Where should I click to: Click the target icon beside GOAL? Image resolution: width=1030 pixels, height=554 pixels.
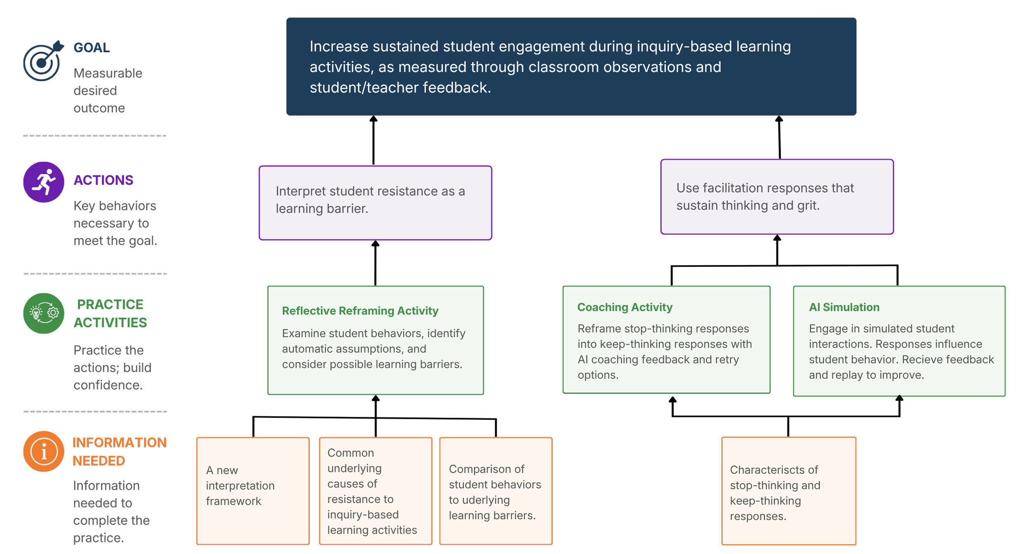coord(43,61)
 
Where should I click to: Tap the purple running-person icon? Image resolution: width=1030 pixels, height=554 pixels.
coord(44,182)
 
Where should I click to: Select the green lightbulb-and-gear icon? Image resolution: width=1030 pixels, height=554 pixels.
coord(44,313)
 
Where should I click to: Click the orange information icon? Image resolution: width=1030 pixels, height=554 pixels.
coord(44,451)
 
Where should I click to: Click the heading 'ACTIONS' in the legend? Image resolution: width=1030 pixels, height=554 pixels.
coord(103,180)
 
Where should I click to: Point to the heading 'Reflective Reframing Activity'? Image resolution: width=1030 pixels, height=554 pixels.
coord(360,311)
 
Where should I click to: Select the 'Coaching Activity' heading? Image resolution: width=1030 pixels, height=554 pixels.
coord(625,307)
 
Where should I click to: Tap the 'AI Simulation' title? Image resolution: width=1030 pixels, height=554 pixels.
coord(844,307)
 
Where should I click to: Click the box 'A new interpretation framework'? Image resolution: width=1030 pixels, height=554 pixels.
coord(253,491)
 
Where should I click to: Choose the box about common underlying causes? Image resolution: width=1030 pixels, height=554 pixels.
coord(376,491)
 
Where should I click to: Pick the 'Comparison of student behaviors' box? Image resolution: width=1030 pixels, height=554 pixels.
coord(496,491)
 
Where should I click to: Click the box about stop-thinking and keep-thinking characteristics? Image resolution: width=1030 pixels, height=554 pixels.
coord(789,491)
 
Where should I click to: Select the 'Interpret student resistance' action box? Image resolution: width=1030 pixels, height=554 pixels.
coord(375,203)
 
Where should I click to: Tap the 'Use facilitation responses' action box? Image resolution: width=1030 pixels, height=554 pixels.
coord(777,197)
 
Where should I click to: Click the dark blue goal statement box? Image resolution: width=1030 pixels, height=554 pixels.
coord(571,67)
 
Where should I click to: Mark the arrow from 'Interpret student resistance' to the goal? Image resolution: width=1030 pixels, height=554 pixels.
coord(373,140)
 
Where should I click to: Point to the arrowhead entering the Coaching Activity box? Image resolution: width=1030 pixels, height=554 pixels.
coord(672,400)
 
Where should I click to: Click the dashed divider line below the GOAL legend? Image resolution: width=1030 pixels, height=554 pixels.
coord(95,135)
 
